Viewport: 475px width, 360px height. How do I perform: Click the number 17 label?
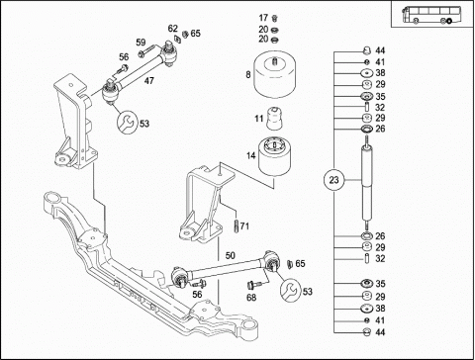tap(263, 18)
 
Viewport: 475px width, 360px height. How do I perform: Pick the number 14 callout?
tap(251, 153)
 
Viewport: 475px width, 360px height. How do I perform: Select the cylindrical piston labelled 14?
tap(279, 158)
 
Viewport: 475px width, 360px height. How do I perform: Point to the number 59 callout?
tap(141, 42)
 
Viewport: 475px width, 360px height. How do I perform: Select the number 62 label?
tap(172, 28)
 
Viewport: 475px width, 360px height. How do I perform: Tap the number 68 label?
tap(252, 297)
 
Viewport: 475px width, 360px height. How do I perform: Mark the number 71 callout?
tap(244, 226)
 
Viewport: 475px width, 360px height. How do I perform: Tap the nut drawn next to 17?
tap(276, 18)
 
